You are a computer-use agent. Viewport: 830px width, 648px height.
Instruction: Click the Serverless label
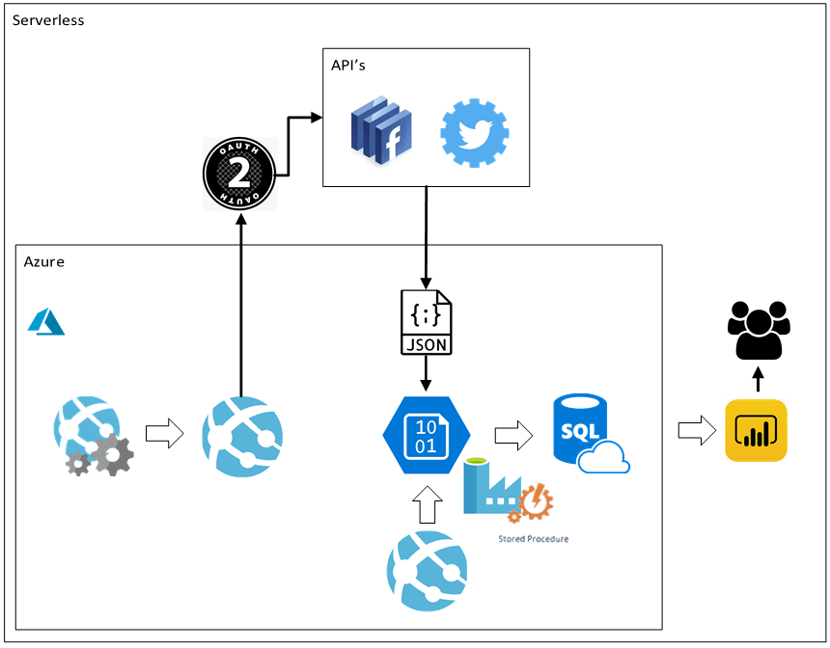(x=48, y=19)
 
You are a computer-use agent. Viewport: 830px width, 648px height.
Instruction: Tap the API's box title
(x=347, y=66)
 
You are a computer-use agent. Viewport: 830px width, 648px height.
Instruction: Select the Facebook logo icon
(x=380, y=130)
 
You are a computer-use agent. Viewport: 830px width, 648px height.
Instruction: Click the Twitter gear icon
(x=474, y=133)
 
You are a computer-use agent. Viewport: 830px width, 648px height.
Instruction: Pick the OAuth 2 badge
(x=240, y=174)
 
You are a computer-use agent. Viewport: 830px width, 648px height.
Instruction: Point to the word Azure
(x=44, y=261)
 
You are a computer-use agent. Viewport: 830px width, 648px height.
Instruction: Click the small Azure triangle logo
(x=45, y=322)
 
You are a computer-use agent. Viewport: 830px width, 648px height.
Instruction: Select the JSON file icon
(x=426, y=322)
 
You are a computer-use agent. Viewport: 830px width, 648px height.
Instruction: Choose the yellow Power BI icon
(x=757, y=432)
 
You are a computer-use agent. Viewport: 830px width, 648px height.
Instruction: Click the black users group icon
(x=758, y=331)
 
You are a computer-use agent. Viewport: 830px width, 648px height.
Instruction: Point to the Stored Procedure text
(x=534, y=538)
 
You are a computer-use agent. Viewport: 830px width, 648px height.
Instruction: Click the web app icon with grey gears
(x=93, y=435)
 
